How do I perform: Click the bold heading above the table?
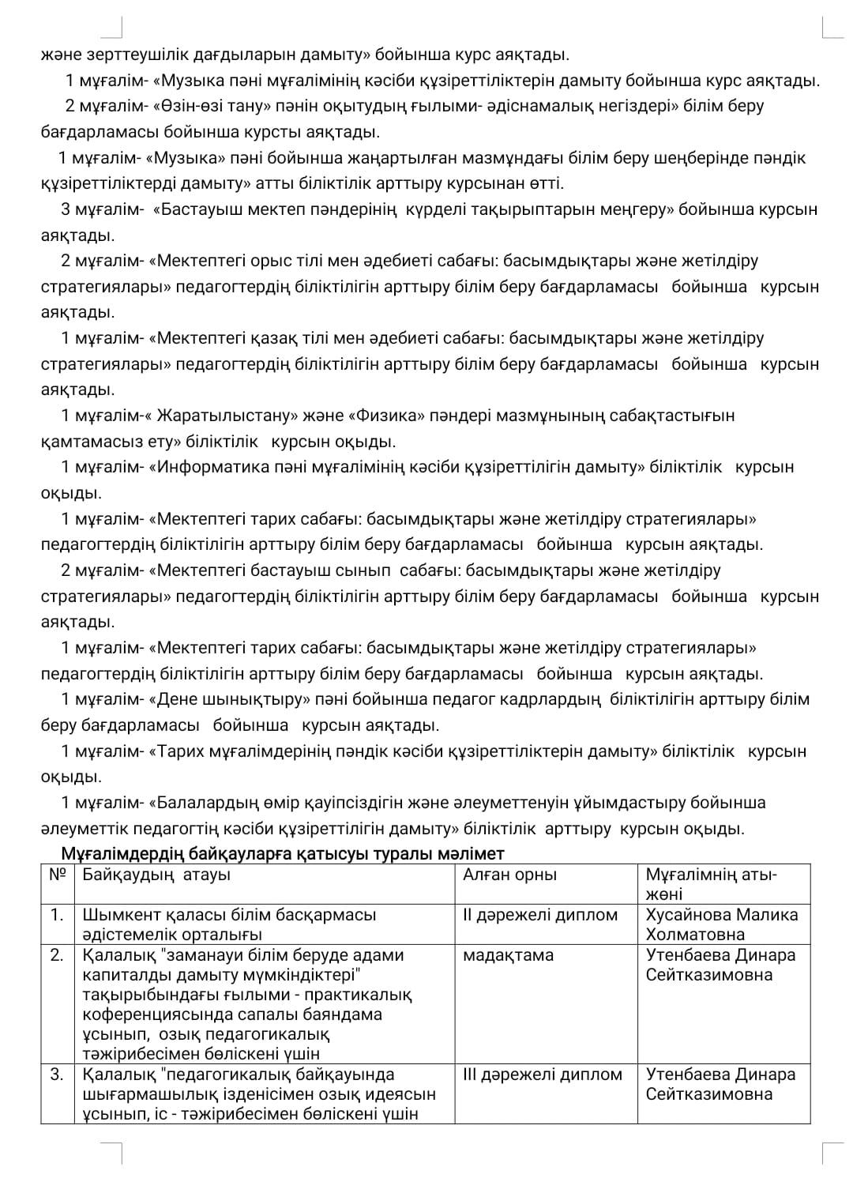pos(283,854)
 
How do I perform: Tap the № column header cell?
pos(57,875)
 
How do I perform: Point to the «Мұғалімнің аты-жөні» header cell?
pos(711,884)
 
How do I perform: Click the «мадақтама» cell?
pos(509,955)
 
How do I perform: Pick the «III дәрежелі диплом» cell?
pos(543,1074)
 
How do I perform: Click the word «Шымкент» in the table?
pos(119,915)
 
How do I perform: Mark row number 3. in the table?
pos(57,1074)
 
